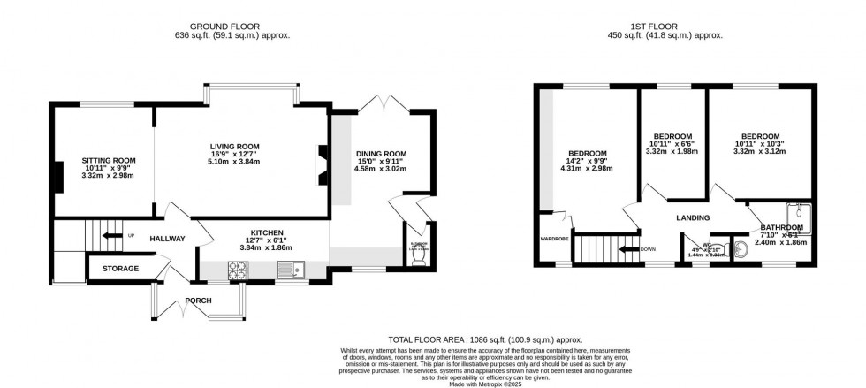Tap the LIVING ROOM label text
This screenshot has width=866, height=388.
point(234,146)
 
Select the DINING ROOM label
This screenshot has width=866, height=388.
point(381,153)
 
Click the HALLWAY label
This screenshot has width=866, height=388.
point(167,239)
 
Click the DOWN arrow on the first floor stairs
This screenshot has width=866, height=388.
point(630,249)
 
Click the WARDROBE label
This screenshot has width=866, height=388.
point(554,239)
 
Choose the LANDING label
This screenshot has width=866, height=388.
point(694,217)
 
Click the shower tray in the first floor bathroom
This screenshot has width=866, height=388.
point(801,213)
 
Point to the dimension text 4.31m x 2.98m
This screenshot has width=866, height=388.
point(587,170)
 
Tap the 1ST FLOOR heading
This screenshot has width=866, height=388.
point(678,26)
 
